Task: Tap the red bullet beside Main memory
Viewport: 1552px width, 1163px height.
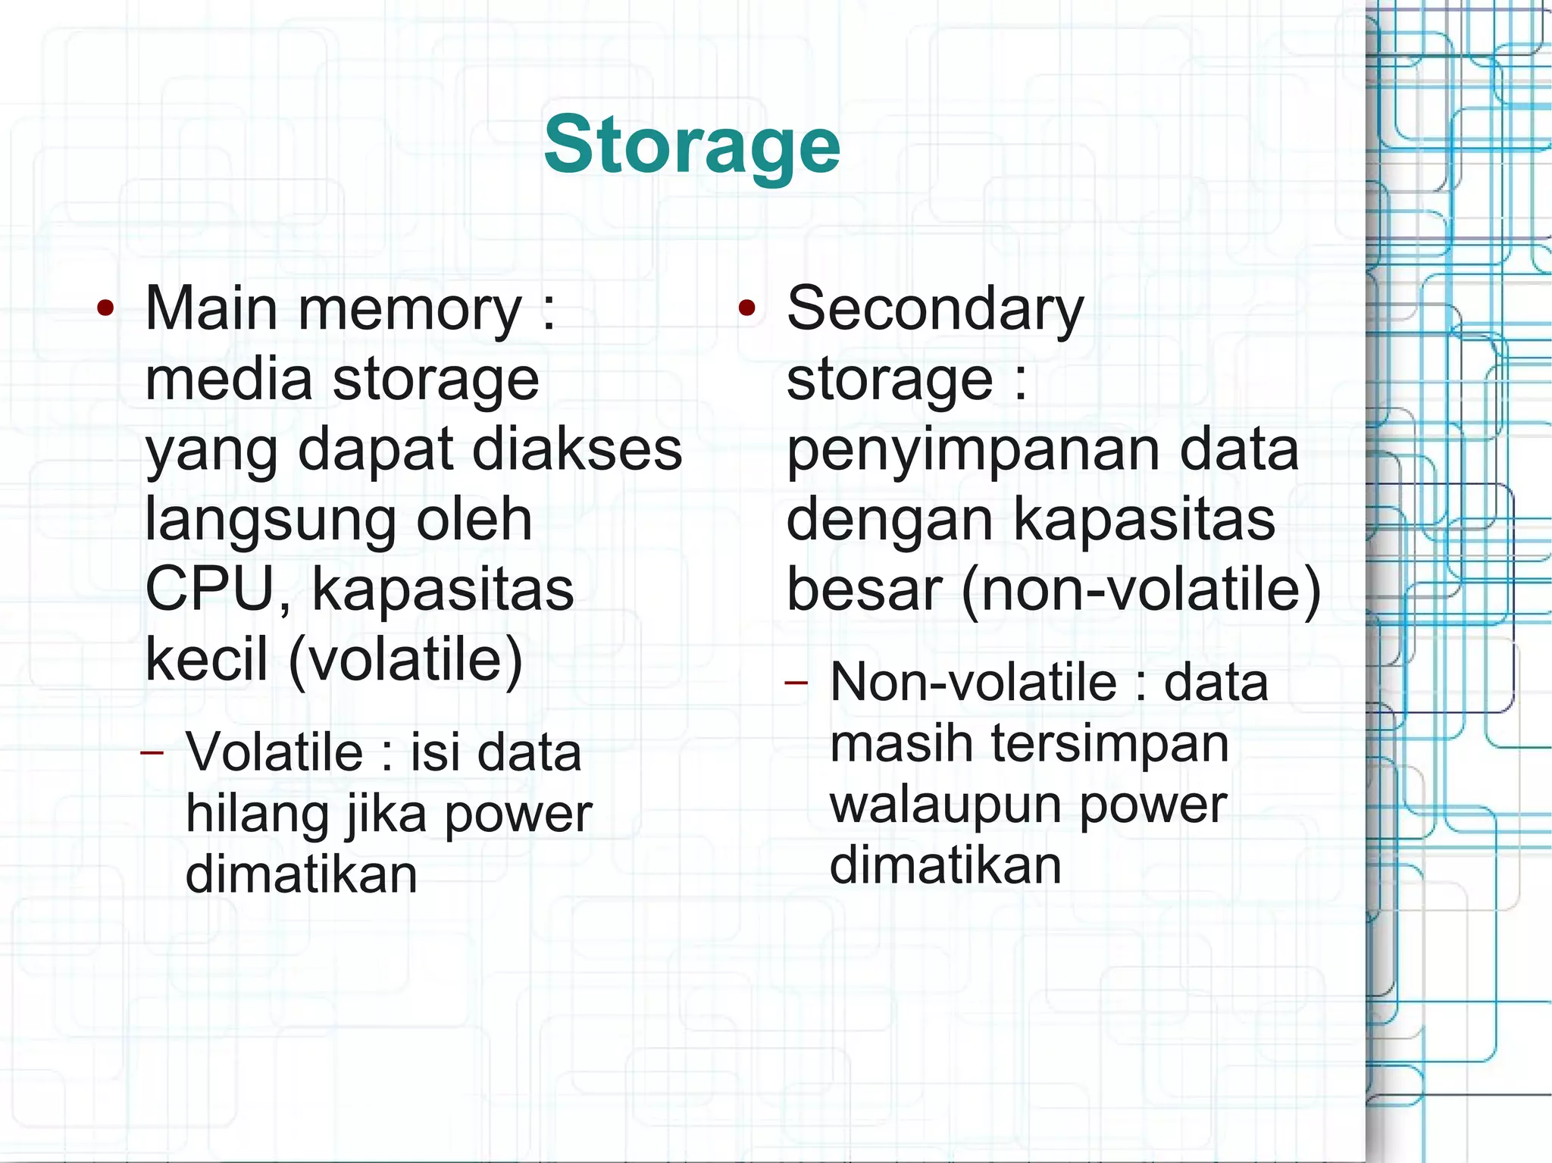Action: click(106, 308)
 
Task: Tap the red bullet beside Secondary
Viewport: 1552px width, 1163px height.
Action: click(747, 308)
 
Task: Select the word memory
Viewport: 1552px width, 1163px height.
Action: click(410, 311)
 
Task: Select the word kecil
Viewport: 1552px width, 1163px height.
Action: click(206, 659)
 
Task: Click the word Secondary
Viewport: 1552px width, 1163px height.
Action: click(935, 311)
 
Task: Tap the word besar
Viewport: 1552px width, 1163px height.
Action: click(863, 589)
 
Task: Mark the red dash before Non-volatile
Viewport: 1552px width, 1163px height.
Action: click(796, 683)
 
